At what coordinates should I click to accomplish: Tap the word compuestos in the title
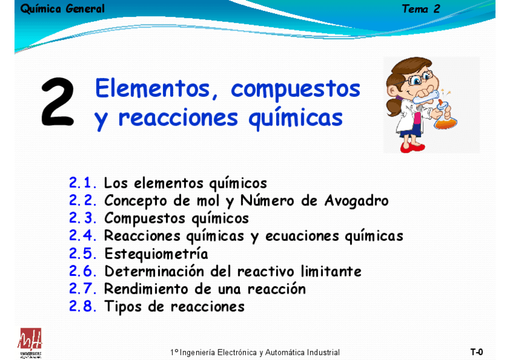pyautogui.click(x=295, y=89)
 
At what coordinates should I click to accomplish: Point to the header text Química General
pyautogui.click(x=62, y=9)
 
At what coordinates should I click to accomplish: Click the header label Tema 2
pyautogui.click(x=421, y=9)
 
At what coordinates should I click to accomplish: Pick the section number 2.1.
pyautogui.click(x=82, y=183)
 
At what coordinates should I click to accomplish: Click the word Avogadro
pyautogui.click(x=357, y=201)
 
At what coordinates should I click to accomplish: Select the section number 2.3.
pyautogui.click(x=82, y=218)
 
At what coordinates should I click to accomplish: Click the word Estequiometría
pyautogui.click(x=156, y=254)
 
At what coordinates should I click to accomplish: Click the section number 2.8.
pyautogui.click(x=82, y=307)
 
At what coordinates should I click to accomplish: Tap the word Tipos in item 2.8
pyautogui.click(x=123, y=307)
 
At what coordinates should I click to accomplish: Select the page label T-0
pyautogui.click(x=476, y=352)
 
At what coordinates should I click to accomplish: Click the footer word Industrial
pyautogui.click(x=324, y=353)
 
